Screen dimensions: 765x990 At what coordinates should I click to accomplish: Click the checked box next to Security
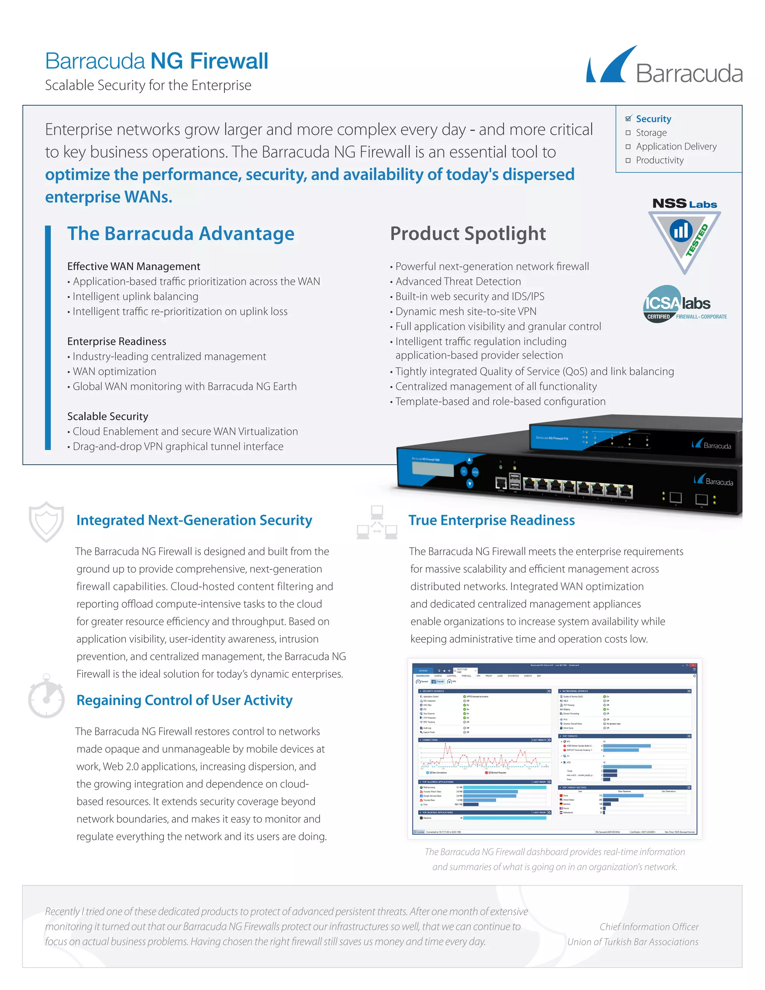click(x=628, y=119)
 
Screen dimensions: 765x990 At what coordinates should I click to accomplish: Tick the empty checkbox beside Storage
click(x=628, y=133)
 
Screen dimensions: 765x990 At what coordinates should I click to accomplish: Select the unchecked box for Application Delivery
click(x=628, y=146)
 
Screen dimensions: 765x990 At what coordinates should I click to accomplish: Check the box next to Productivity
click(x=628, y=161)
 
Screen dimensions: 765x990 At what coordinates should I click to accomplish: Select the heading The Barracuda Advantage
click(x=181, y=234)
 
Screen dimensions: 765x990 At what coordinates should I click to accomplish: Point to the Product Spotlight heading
click(x=468, y=234)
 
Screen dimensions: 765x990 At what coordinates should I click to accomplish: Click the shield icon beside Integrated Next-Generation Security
click(x=46, y=521)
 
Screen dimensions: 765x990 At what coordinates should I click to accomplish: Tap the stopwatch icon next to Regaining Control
click(x=46, y=697)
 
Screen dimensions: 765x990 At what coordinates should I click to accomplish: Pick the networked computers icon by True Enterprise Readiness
click(x=377, y=522)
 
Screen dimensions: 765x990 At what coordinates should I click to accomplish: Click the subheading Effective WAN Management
click(x=134, y=266)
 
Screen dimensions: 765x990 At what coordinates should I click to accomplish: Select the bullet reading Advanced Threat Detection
click(x=458, y=282)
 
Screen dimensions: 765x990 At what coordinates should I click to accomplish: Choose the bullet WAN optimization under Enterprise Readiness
click(x=114, y=371)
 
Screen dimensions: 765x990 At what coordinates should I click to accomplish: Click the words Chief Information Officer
click(x=648, y=926)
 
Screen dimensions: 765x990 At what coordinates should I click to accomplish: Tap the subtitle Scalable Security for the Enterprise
click(x=148, y=85)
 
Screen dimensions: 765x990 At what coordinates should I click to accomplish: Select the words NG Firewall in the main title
click(x=210, y=61)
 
